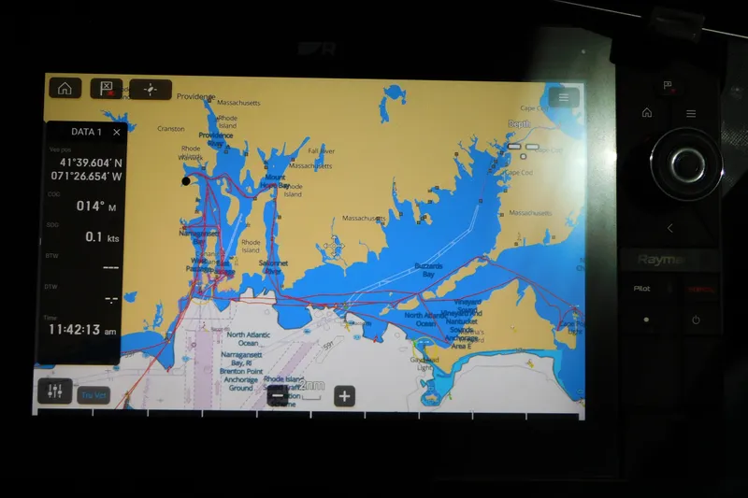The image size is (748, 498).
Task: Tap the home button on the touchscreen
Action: [65, 89]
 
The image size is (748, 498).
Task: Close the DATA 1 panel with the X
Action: [117, 133]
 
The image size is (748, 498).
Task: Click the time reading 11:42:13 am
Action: [82, 330]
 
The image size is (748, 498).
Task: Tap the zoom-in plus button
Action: [344, 395]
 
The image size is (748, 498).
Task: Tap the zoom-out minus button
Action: [277, 395]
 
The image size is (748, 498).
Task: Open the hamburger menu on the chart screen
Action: [564, 97]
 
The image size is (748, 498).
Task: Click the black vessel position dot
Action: [186, 181]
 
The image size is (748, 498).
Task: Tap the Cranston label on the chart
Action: [171, 129]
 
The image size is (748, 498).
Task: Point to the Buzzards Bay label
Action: [427, 270]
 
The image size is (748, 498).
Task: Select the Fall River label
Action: [321, 150]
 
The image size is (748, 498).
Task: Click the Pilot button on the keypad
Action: [641, 289]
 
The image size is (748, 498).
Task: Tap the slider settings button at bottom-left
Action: [54, 391]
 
